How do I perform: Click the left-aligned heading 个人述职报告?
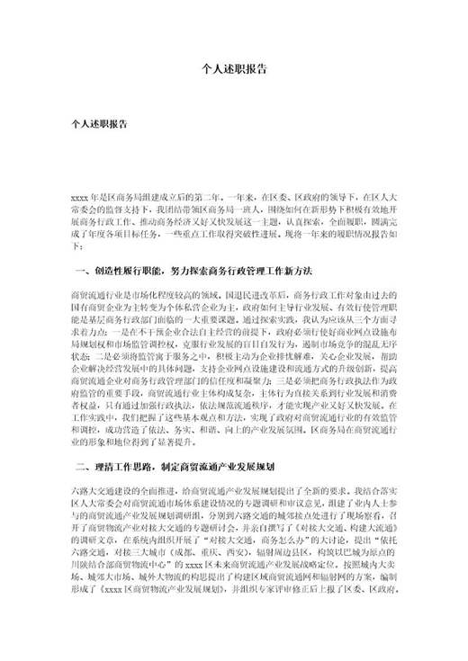click(x=98, y=127)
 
